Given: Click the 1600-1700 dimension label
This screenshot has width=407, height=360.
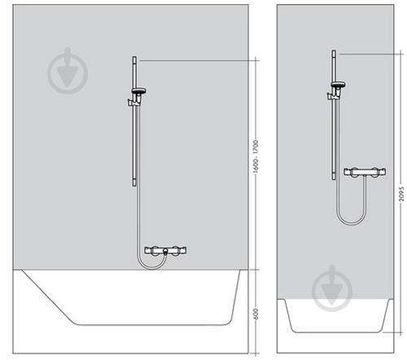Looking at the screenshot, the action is pyautogui.click(x=256, y=156).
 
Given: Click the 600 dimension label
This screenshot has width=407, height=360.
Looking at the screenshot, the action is pyautogui.click(x=256, y=314).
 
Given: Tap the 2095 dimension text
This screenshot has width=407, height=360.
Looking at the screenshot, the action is pyautogui.click(x=401, y=194).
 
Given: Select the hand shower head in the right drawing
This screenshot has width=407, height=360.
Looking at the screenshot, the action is pyautogui.click(x=338, y=84).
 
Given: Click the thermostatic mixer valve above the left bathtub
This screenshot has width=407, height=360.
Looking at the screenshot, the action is pyautogui.click(x=165, y=250).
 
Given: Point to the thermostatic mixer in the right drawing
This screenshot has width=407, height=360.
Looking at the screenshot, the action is pyautogui.click(x=365, y=172).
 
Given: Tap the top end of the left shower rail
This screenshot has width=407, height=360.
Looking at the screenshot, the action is pyautogui.click(x=134, y=57).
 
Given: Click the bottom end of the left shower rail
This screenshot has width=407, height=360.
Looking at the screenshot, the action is pyautogui.click(x=134, y=186).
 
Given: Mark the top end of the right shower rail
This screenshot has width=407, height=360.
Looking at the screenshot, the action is pyautogui.click(x=334, y=50).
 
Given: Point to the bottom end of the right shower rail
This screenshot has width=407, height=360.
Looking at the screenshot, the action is pyautogui.click(x=334, y=179).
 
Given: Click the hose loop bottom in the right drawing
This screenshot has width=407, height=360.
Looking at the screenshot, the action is pyautogui.click(x=352, y=224).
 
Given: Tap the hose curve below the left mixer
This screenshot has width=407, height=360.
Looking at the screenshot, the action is pyautogui.click(x=152, y=268).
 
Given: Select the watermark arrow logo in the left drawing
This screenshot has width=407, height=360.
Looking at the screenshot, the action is pyautogui.click(x=68, y=71).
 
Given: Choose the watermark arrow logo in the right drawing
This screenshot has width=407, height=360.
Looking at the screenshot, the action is pyautogui.click(x=332, y=288).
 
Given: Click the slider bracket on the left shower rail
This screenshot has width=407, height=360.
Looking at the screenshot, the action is pyautogui.click(x=133, y=102).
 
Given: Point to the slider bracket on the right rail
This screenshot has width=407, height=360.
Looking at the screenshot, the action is pyautogui.click(x=333, y=95).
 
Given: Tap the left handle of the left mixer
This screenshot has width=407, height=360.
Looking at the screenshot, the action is pyautogui.click(x=155, y=250).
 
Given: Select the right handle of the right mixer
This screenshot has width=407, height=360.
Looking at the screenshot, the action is pyautogui.click(x=376, y=172).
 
